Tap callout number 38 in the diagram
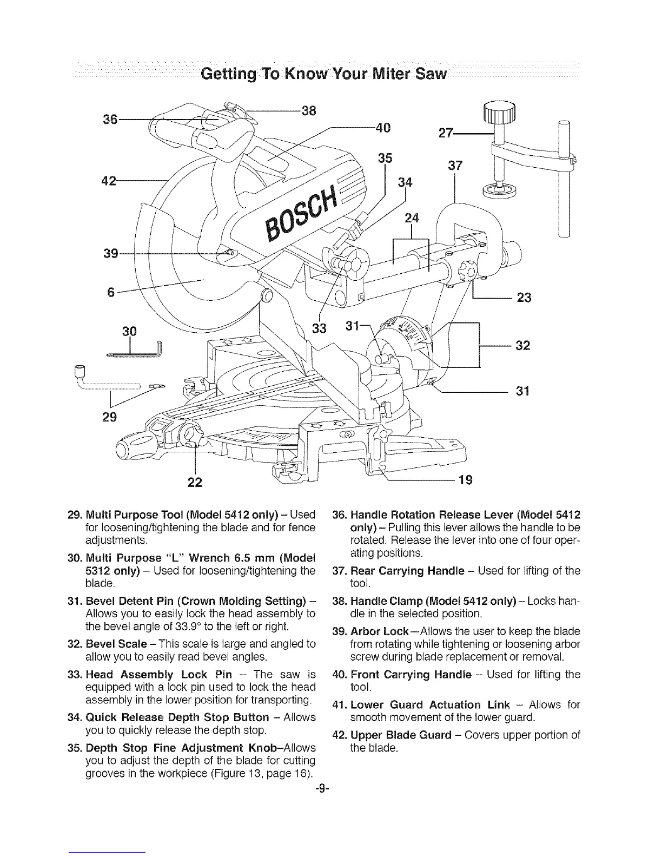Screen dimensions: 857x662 pyautogui.click(x=308, y=111)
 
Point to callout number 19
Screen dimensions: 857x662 pyautogui.click(x=466, y=479)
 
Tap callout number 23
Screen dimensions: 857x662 pyautogui.click(x=524, y=298)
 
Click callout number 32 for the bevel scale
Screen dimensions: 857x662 pyautogui.click(x=522, y=345)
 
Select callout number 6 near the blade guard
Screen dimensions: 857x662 pyautogui.click(x=111, y=292)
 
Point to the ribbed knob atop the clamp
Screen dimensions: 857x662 pyautogui.click(x=501, y=114)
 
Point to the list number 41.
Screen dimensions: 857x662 pyautogui.click(x=340, y=704)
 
